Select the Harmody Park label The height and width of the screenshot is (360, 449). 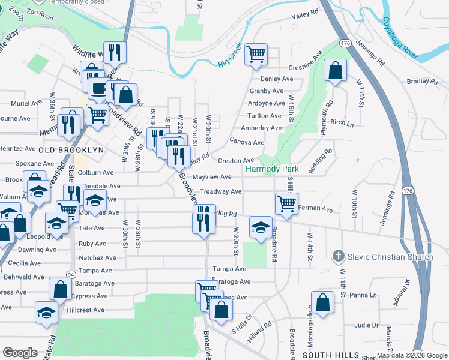point(271,169)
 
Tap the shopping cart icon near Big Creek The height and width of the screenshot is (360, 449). point(256,55)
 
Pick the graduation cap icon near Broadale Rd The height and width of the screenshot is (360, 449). point(261,227)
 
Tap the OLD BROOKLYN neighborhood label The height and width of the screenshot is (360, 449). point(71,149)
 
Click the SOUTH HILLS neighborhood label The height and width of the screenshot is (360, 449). point(325,355)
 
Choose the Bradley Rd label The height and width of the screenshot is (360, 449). point(422,81)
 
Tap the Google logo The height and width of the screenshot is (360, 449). point(20,353)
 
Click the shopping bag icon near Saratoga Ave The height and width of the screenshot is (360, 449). point(61,289)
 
